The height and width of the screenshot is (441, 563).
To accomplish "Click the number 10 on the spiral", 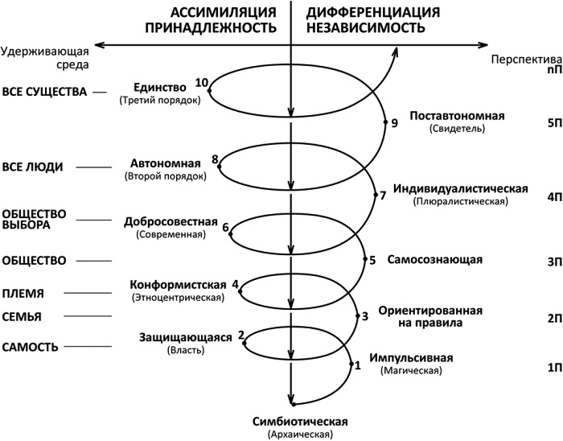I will tap(201, 82).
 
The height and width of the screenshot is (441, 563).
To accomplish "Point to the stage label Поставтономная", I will tap(457, 116).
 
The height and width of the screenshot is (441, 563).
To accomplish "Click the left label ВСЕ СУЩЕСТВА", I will tap(43, 93).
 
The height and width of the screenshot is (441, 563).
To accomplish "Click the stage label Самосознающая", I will tap(434, 260).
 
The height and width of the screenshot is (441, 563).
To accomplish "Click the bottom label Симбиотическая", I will tap(299, 422).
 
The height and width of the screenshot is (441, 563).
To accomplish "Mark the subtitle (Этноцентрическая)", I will tap(179, 299).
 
